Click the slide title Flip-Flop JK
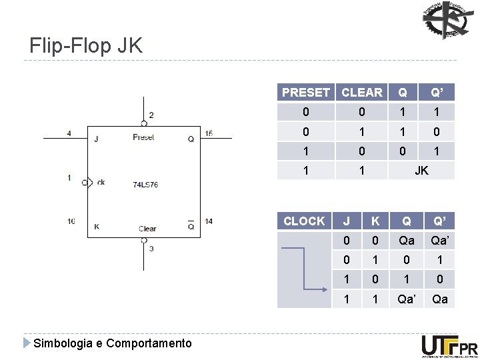coord(85,45)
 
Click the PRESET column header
coord(306,93)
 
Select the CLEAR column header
coord(362,93)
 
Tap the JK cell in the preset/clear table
coord(421,171)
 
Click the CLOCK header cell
coord(304,221)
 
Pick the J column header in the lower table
coord(346,221)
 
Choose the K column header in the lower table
coord(375,221)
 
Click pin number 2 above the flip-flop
coord(151,115)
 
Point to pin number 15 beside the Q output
coord(209,133)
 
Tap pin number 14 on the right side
coord(209,221)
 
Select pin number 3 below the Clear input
coord(151,249)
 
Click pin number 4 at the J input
coord(69,133)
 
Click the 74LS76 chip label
coord(145,184)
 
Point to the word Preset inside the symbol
coord(143,137)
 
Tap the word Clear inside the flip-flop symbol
coord(147,229)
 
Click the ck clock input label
coord(100,182)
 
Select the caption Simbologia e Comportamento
coord(112,343)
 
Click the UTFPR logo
coord(449,346)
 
